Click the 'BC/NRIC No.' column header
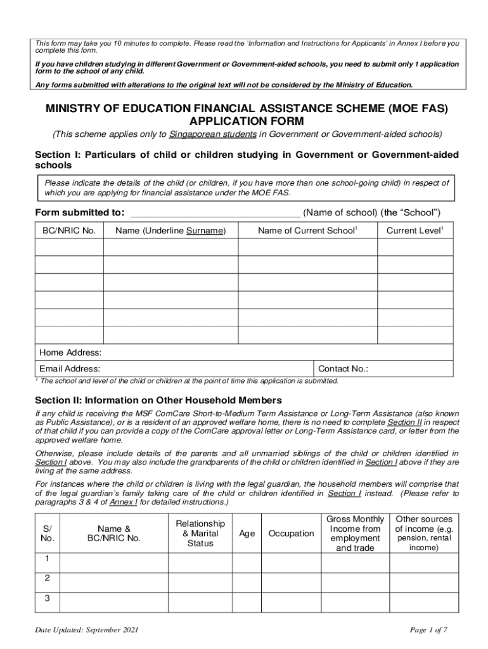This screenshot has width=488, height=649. (x=69, y=231)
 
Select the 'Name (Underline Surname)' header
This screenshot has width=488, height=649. (x=170, y=231)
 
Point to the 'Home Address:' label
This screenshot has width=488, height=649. (x=70, y=352)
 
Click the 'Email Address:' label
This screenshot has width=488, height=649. (x=70, y=369)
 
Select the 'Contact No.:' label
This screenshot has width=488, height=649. (x=344, y=369)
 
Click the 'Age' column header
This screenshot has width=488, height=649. (x=247, y=534)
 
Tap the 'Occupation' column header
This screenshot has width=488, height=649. (x=292, y=534)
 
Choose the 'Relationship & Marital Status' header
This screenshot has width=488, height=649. (x=200, y=533)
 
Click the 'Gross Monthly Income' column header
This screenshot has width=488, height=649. (x=355, y=533)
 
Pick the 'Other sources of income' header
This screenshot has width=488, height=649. (x=424, y=533)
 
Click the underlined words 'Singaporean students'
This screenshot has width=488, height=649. (x=212, y=134)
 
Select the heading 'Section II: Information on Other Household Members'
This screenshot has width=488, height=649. (x=158, y=401)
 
